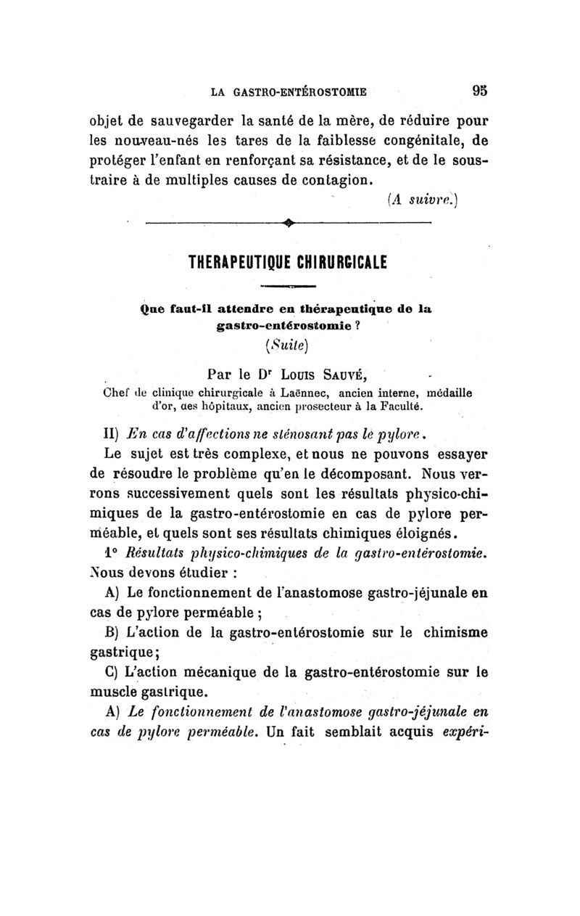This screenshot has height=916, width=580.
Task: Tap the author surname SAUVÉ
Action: click(340, 375)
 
